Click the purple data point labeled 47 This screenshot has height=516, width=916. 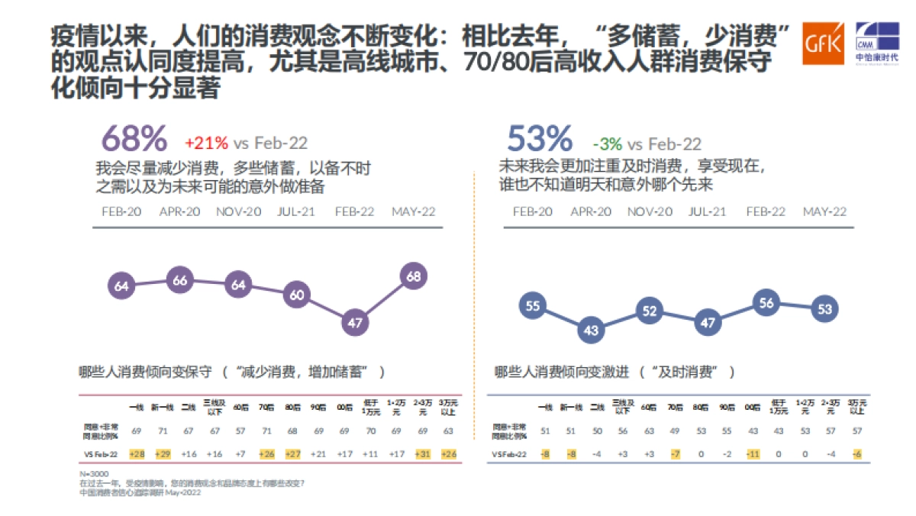click(x=355, y=323)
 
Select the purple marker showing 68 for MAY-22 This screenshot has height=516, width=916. click(x=414, y=276)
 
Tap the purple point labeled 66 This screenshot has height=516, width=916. click(x=179, y=280)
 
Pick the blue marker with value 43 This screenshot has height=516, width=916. click(x=591, y=331)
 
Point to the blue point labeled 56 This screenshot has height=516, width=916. click(x=766, y=302)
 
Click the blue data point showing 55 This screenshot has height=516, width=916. click(x=533, y=306)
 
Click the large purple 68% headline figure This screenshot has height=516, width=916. click(x=134, y=140)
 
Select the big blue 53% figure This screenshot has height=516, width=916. click(x=540, y=140)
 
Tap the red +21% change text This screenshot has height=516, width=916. click(x=206, y=143)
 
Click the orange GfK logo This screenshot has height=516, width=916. click(x=823, y=44)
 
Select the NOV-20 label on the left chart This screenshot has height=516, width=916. click(x=238, y=211)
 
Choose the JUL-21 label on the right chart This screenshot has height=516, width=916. click(x=707, y=211)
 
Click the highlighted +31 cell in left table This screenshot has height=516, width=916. click(x=421, y=454)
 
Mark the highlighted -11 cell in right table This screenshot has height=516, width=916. click(x=752, y=454)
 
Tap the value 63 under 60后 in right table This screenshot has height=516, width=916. click(x=649, y=431)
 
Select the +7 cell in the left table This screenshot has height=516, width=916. click(x=240, y=454)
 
